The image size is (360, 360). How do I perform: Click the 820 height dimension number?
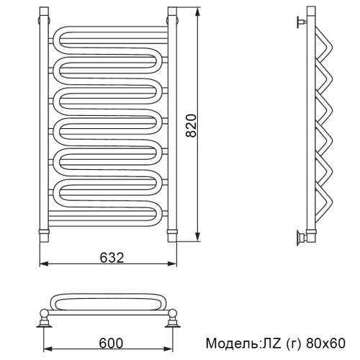tap(192, 125)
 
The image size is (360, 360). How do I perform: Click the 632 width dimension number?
tap(112, 258)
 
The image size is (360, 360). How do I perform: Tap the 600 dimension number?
tap(111, 343)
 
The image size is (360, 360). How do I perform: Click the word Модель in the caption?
tap(231, 343)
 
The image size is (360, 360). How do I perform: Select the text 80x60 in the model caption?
tap(325, 343)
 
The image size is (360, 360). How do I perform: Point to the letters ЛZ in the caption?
tap(270, 343)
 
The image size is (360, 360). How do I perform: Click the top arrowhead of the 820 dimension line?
tap(197, 12)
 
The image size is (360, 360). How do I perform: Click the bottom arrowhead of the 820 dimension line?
tap(197, 237)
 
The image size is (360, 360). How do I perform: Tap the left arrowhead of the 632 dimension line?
tap(44, 264)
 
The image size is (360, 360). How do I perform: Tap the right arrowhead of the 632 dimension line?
tap(172, 264)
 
